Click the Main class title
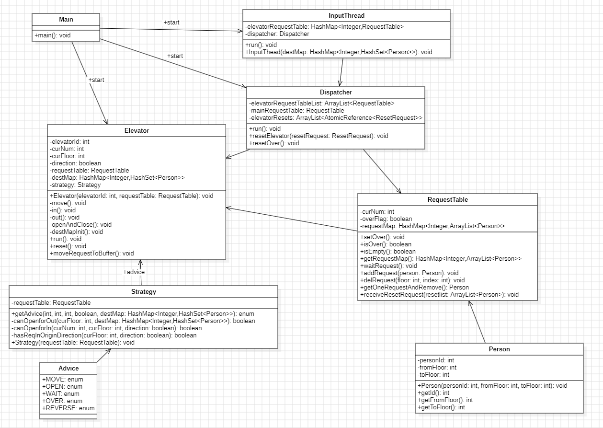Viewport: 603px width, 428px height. tap(66, 20)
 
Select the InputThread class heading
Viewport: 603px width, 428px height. tap(346, 16)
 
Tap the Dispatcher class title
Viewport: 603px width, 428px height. tap(335, 92)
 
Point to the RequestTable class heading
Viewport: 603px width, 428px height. tap(447, 199)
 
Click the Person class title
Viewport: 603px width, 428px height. tap(499, 349)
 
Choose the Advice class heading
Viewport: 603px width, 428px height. tap(68, 368)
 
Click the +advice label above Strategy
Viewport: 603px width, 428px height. tap(134, 272)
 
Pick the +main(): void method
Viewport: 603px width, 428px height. tap(53, 36)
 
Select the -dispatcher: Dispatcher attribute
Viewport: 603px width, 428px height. tap(277, 34)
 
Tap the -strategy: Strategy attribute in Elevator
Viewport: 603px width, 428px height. tap(75, 185)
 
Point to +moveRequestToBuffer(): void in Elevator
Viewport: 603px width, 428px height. tap(91, 253)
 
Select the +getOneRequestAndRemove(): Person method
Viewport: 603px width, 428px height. tap(414, 287)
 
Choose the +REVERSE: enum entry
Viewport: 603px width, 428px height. tap(68, 408)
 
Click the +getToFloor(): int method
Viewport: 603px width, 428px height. tap(441, 407)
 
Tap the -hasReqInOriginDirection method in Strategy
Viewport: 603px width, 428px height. tap(104, 335)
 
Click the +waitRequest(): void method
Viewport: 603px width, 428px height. tap(388, 266)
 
